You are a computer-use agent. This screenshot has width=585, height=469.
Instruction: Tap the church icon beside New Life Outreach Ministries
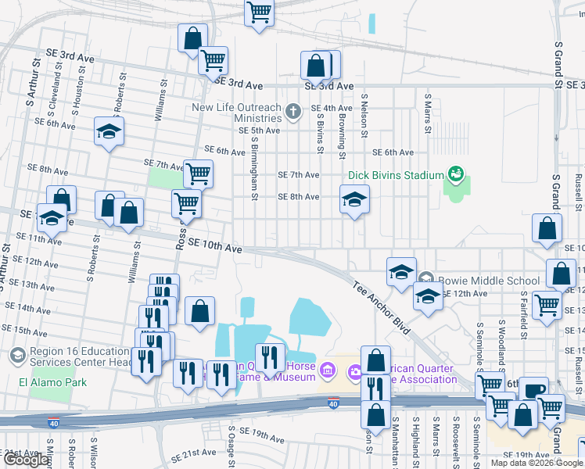pos(293,111)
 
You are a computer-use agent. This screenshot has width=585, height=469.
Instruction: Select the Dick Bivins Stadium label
pos(396,175)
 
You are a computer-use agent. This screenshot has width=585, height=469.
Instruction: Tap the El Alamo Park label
pos(53,382)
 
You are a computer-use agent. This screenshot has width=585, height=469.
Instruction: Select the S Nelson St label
pos(364,116)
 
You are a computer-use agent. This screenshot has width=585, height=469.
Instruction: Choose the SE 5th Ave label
pos(259,131)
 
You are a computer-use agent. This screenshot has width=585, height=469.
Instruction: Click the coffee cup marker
pos(534,389)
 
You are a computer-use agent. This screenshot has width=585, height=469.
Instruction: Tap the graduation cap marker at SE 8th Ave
pos(354,200)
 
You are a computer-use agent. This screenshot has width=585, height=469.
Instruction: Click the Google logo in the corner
pos(26,460)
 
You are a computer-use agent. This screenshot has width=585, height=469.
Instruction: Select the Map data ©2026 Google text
pos(537,463)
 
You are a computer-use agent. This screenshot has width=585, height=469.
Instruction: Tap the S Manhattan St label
pos(396,442)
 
